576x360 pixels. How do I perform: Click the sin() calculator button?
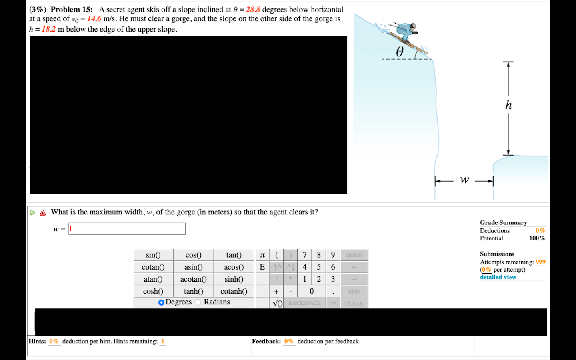(x=153, y=255)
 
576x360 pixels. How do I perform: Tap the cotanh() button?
(x=234, y=292)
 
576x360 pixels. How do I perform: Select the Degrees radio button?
(x=162, y=302)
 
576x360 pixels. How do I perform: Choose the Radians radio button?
(x=198, y=302)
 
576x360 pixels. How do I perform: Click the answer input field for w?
(x=127, y=229)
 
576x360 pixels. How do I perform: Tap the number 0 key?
(x=312, y=292)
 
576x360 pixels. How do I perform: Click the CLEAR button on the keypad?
(x=354, y=304)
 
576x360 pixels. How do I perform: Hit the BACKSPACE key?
(x=304, y=304)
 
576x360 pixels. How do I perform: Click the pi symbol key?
(x=262, y=255)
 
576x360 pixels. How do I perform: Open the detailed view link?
(x=498, y=277)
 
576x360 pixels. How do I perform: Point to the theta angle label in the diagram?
(x=400, y=52)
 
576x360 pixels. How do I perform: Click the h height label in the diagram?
(x=508, y=105)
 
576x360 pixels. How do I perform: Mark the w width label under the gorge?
(x=464, y=180)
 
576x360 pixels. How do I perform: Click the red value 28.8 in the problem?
(x=253, y=10)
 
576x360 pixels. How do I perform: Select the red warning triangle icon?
(x=43, y=213)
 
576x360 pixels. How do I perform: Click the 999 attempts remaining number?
(x=540, y=262)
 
